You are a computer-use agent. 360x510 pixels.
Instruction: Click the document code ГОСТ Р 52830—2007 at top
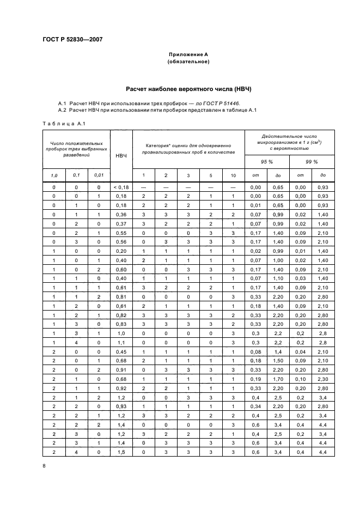click(x=72, y=39)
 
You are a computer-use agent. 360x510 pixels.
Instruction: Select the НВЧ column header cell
click(x=121, y=156)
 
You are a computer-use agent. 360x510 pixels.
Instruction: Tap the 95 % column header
click(x=267, y=162)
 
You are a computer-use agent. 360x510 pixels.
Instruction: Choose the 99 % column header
click(x=311, y=162)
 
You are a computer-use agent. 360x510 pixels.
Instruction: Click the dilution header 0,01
click(x=98, y=175)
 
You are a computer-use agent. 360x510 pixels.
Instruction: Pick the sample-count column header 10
click(x=233, y=175)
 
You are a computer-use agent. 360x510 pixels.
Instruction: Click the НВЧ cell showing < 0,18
click(x=121, y=187)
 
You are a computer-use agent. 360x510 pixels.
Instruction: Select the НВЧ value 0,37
click(x=121, y=223)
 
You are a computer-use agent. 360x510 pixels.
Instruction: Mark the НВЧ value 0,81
click(x=121, y=297)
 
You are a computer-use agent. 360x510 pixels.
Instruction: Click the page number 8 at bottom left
click(x=45, y=465)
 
